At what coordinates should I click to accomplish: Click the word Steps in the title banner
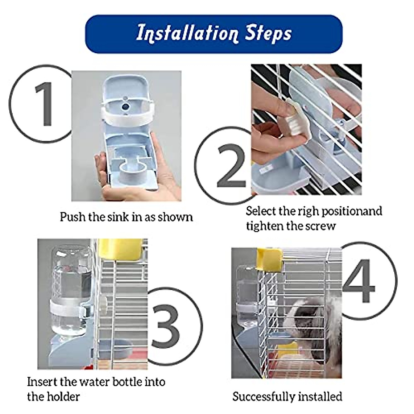pos(269,33)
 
